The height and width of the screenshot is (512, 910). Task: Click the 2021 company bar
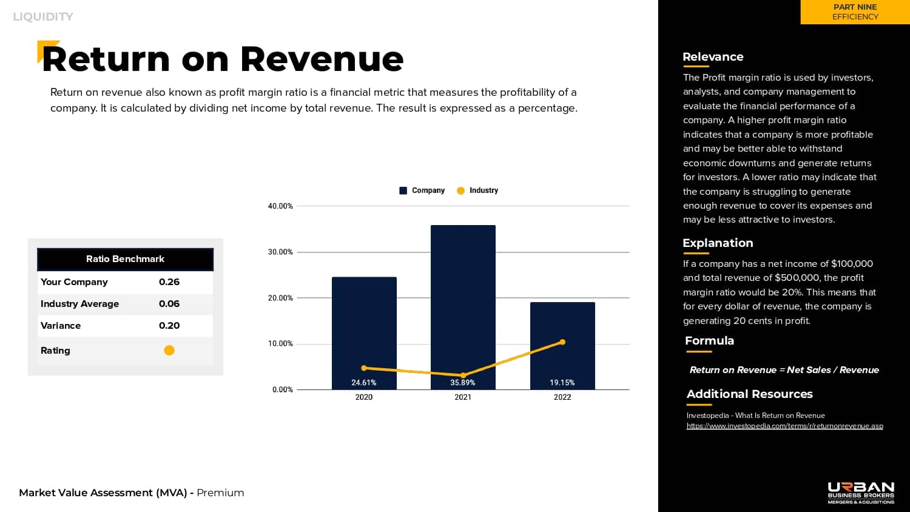click(x=463, y=303)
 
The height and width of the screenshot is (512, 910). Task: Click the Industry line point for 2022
click(x=562, y=342)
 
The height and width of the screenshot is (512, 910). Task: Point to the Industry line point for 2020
click(x=364, y=368)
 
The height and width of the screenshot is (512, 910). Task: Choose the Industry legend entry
click(x=477, y=190)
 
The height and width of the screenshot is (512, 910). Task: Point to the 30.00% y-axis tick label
click(x=280, y=252)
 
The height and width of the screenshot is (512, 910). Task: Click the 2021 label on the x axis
click(x=463, y=397)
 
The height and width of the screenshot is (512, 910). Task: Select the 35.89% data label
click(x=463, y=383)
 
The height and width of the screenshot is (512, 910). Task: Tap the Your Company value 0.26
click(x=169, y=282)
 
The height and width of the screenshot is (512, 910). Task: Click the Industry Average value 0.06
click(x=169, y=304)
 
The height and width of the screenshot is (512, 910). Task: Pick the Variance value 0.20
click(x=169, y=326)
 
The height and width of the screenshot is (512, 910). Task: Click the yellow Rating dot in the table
click(x=169, y=350)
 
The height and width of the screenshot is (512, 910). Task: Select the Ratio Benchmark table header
click(x=125, y=259)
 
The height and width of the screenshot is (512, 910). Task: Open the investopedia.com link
click(x=784, y=426)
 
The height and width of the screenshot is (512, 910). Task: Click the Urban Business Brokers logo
click(x=861, y=493)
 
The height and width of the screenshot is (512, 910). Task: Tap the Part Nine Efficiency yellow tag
click(x=855, y=12)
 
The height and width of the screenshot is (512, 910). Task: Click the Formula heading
click(x=709, y=341)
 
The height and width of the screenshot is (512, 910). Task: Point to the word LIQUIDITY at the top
click(x=43, y=17)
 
